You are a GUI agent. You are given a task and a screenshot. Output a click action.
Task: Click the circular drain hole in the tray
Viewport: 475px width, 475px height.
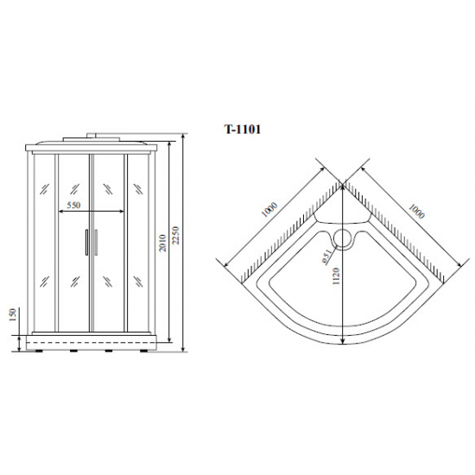pos(345,237)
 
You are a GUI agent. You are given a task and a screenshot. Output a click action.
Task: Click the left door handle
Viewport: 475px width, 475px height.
pos(86,243)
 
